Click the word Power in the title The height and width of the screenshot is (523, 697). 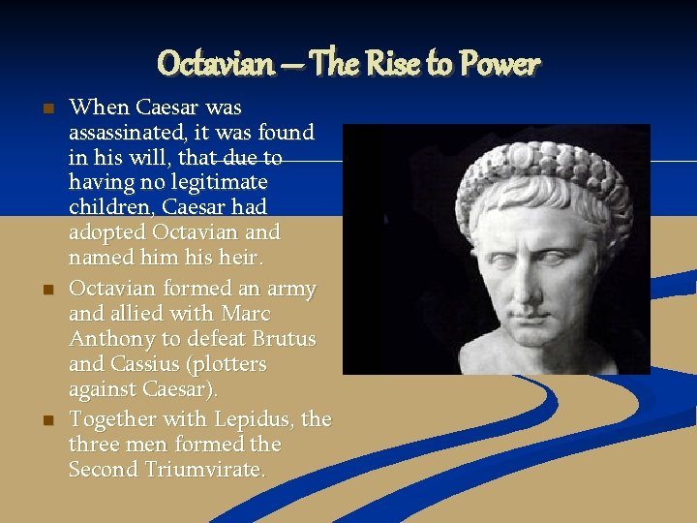coord(500,64)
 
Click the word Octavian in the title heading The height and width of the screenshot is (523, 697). coord(215,64)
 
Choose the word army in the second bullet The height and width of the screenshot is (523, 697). coord(288,289)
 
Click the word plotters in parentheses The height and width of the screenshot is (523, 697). coord(229,365)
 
